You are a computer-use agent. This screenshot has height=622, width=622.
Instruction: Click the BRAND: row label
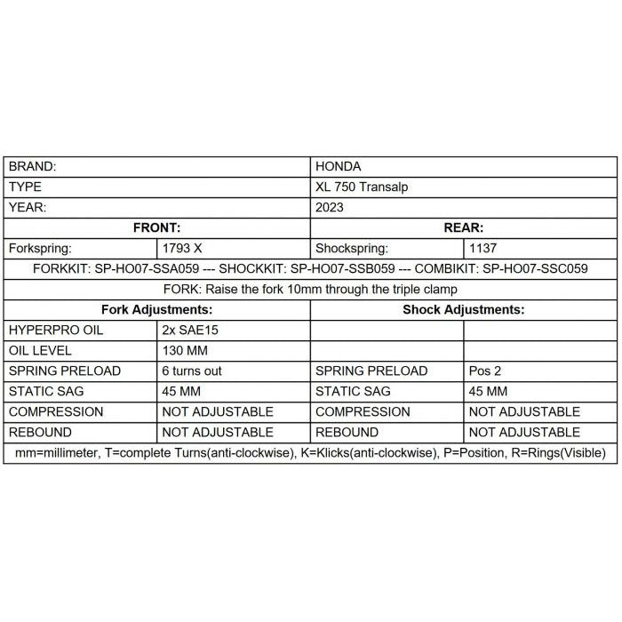[33, 166]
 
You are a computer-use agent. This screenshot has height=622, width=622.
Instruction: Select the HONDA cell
[339, 166]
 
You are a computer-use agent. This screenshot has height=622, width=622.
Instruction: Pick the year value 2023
[330, 207]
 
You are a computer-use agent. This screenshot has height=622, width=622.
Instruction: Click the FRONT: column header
[157, 227]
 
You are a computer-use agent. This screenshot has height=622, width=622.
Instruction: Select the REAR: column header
[463, 227]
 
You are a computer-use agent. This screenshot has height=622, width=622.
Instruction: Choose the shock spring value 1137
[483, 248]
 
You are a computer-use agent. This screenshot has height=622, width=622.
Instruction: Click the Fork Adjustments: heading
[157, 309]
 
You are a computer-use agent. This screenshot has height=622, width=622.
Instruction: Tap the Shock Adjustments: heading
[463, 309]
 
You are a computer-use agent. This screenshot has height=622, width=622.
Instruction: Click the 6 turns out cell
[192, 371]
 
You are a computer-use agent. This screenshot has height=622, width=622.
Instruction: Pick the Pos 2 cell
[484, 371]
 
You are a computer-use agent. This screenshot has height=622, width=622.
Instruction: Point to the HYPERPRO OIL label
[56, 330]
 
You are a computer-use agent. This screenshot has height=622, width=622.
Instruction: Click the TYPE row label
[25, 187]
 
